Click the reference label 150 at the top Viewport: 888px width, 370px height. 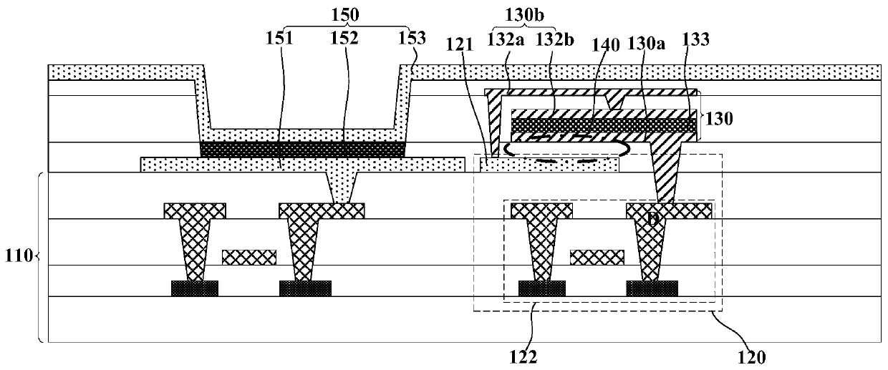click(x=345, y=14)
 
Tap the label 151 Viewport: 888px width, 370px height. click(x=280, y=38)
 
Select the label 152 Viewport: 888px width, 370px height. click(x=344, y=38)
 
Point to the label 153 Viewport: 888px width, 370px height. click(x=412, y=38)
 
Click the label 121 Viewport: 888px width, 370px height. click(x=460, y=45)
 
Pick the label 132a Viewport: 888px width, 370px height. click(x=506, y=39)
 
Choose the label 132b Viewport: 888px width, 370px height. click(x=554, y=39)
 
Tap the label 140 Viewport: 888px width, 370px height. click(x=605, y=45)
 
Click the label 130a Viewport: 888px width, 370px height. click(x=646, y=43)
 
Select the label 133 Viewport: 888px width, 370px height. click(x=696, y=39)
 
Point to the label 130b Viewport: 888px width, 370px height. click(x=524, y=15)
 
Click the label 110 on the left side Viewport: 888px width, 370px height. click(x=18, y=256)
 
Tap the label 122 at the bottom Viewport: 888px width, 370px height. click(x=523, y=357)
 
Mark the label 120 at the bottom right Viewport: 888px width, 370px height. click(x=752, y=357)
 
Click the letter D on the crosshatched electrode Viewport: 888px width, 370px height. click(x=653, y=218)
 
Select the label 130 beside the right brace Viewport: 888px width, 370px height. click(x=719, y=119)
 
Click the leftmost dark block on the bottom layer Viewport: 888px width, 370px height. click(x=195, y=288)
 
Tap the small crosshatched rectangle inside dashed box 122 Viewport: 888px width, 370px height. click(x=597, y=258)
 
